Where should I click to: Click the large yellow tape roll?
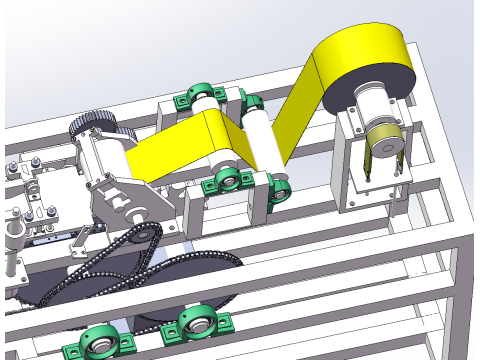pos(365,60)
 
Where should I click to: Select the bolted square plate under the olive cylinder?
pos(369,186)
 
